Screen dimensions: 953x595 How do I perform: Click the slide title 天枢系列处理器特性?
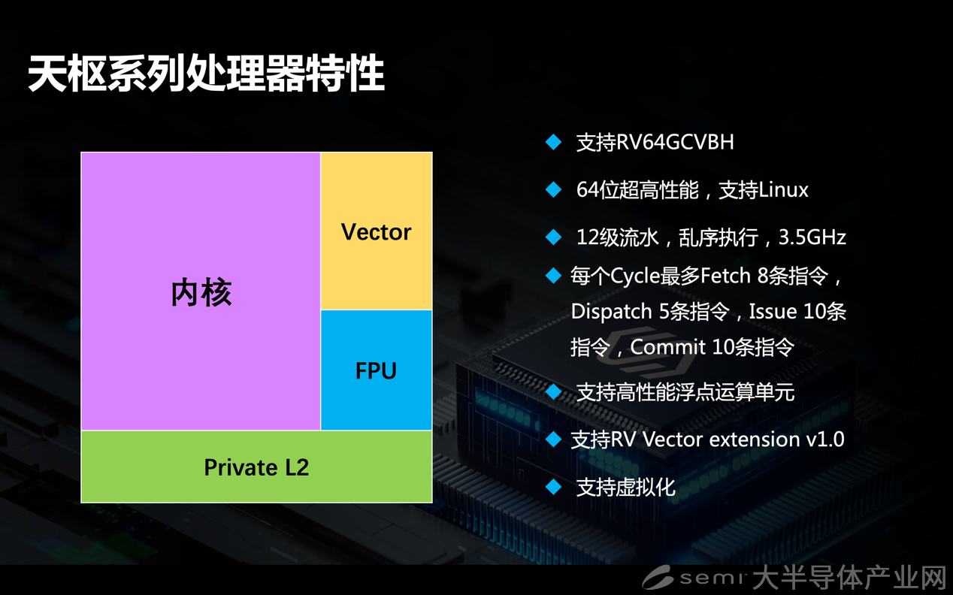click(207, 73)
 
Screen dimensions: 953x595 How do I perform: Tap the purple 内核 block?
click(201, 291)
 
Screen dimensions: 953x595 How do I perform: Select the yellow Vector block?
click(377, 231)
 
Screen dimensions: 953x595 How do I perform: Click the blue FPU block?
click(377, 370)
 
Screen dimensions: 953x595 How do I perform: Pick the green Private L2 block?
click(256, 467)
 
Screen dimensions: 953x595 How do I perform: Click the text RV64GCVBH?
click(675, 142)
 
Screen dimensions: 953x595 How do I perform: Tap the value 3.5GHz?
click(812, 237)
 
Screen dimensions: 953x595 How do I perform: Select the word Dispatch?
click(611, 312)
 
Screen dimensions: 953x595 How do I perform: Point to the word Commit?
click(668, 347)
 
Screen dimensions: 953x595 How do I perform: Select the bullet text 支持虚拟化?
click(625, 488)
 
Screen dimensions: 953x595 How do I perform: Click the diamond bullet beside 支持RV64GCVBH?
click(553, 142)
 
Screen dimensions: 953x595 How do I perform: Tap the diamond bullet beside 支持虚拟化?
click(553, 488)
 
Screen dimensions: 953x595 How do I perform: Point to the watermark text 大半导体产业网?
click(849, 578)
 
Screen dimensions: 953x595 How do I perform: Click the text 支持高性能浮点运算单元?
click(685, 392)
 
